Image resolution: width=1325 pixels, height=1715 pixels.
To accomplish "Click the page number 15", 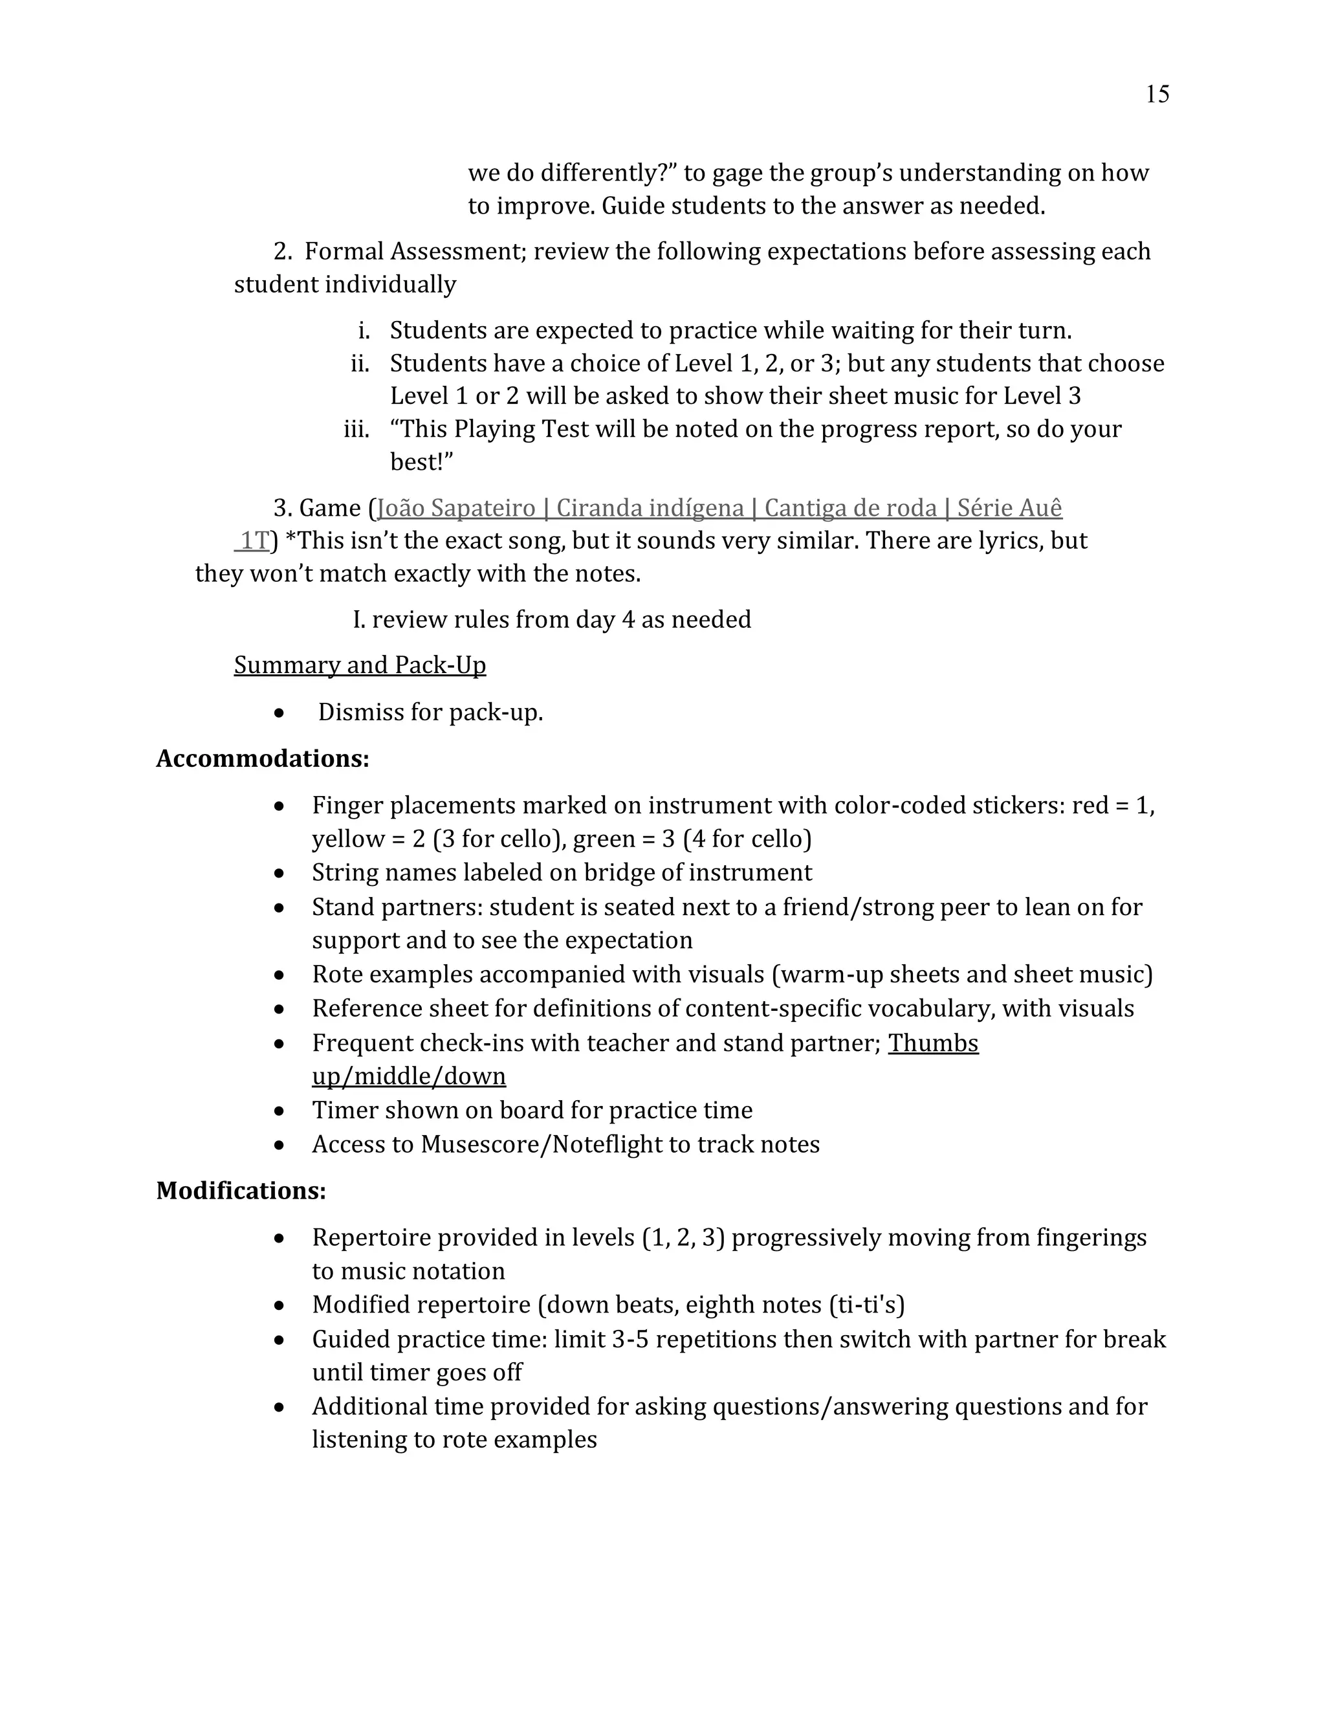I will pyautogui.click(x=1157, y=94).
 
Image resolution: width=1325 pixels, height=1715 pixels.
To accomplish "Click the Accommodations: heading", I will pyautogui.click(x=262, y=758).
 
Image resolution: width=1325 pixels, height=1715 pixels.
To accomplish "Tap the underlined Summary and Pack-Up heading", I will pyautogui.click(x=360, y=665).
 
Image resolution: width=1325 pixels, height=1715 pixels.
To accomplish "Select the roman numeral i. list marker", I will pyautogui.click(x=364, y=331).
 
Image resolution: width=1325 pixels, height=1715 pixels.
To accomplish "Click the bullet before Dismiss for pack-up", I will pyautogui.click(x=279, y=713).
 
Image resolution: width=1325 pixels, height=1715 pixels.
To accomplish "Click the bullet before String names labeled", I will pyautogui.click(x=279, y=873).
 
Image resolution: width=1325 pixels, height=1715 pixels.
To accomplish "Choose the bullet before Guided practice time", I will pyautogui.click(x=279, y=1340).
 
